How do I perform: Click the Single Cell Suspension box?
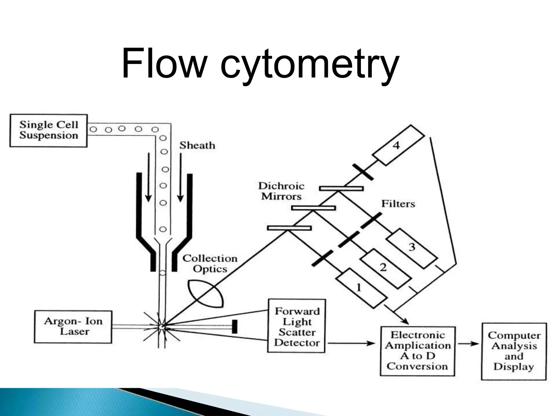(x=49, y=130)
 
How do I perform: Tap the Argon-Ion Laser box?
(x=73, y=327)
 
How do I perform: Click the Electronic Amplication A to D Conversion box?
(x=417, y=351)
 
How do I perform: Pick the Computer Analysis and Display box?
(x=514, y=351)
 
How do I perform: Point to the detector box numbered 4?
(x=398, y=145)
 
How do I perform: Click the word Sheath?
(x=197, y=146)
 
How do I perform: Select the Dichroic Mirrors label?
(x=281, y=191)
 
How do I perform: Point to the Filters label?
(x=398, y=204)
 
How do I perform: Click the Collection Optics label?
(x=210, y=264)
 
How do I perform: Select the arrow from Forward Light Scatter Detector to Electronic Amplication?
(x=351, y=343)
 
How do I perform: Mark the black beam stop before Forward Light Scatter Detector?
(x=235, y=326)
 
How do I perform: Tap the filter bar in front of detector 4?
(x=363, y=172)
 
